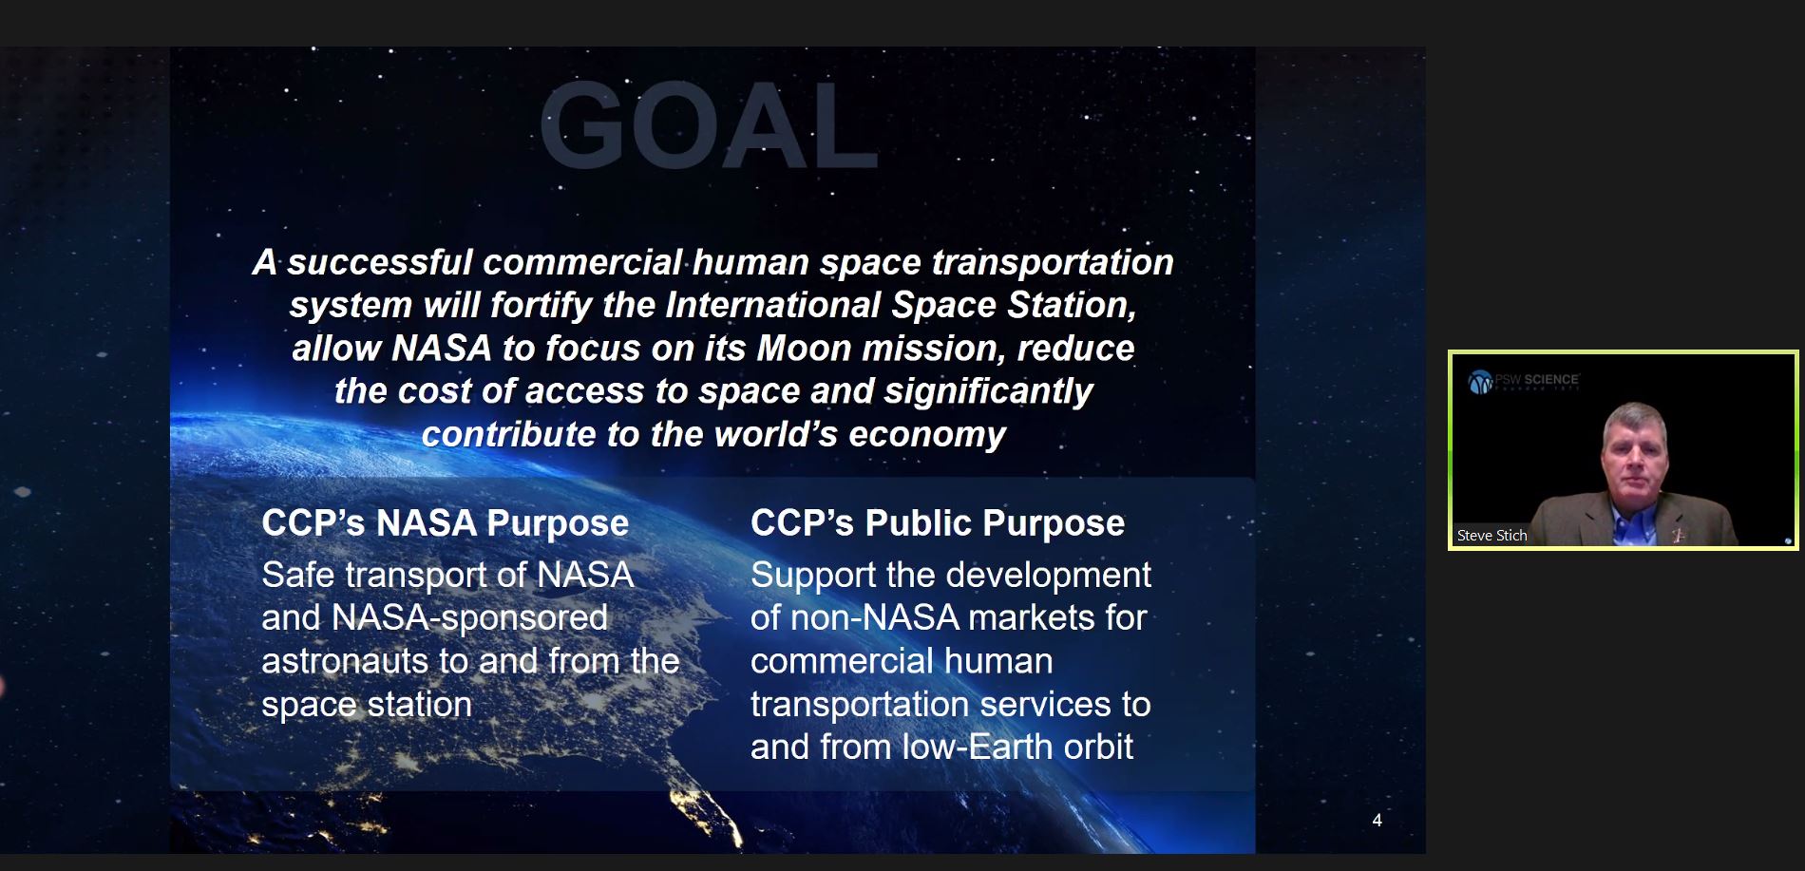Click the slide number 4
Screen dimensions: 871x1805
click(1377, 820)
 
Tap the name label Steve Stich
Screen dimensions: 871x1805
click(1491, 536)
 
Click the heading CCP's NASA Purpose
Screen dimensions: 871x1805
click(445, 523)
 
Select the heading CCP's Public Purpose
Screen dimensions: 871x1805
click(937, 523)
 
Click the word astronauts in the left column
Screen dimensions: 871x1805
click(345, 661)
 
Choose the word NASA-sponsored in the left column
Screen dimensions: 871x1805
click(468, 618)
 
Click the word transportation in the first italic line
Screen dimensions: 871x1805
click(1052, 263)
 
